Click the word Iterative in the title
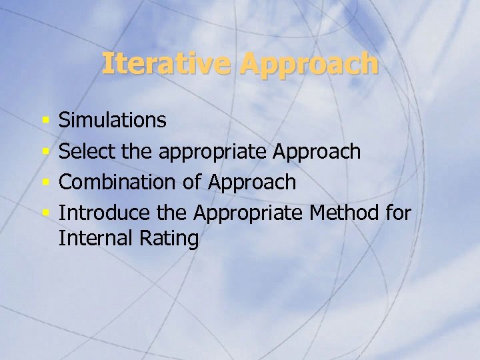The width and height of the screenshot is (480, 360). point(167,63)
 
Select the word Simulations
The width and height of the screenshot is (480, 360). point(113,121)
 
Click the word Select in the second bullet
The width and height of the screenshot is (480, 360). point(88,152)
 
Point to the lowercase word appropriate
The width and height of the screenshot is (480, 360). point(213,153)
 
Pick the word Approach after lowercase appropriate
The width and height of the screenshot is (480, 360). point(317,152)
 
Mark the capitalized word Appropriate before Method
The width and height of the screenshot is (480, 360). point(249,214)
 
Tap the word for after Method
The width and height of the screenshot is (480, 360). point(399,213)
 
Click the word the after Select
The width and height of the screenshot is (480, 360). point(138,152)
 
